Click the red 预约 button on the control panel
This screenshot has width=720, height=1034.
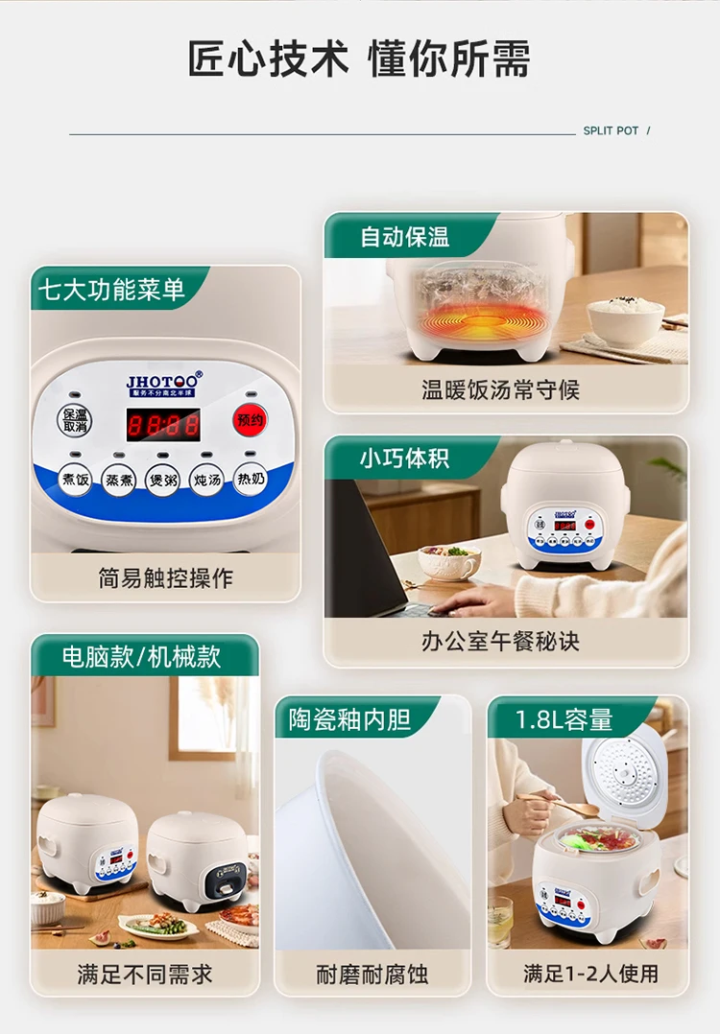point(250,419)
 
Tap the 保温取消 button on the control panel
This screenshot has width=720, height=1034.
point(76,421)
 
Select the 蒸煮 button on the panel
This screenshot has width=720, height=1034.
point(119,479)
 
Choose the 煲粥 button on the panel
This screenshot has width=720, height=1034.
point(162,479)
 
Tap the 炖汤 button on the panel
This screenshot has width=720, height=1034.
point(206,479)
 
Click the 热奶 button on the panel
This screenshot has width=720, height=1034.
point(250,479)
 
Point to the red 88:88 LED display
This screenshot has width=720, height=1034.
point(163,424)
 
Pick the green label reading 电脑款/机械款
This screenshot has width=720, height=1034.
point(141,656)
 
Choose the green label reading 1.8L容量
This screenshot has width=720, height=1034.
point(564,719)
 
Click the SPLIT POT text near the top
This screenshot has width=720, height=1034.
point(611,130)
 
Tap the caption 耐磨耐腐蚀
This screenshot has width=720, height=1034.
point(372,974)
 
